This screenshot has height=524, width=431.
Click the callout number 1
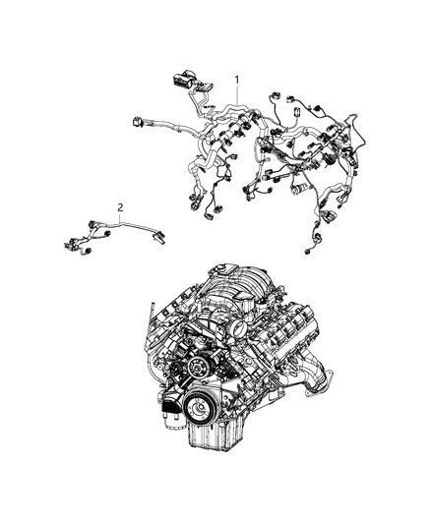click(236, 78)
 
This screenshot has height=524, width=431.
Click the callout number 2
click(120, 207)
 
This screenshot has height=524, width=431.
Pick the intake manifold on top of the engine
click(236, 295)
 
